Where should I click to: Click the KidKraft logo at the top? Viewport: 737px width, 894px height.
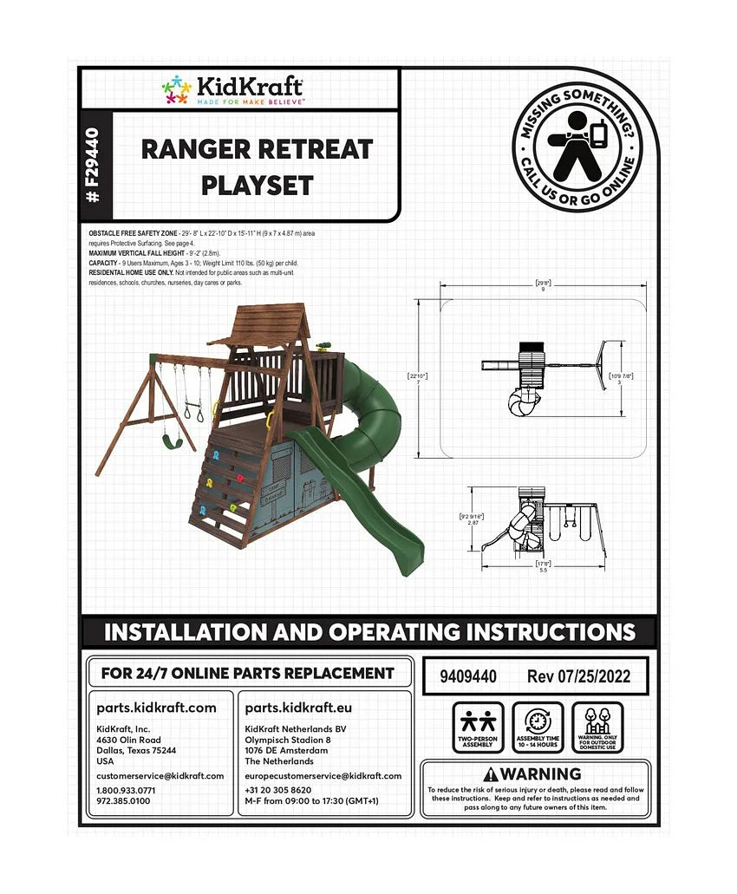(x=232, y=89)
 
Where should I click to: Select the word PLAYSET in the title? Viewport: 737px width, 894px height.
(x=258, y=185)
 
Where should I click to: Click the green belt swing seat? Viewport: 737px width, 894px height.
(x=173, y=441)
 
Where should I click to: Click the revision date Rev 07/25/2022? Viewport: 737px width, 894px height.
(x=578, y=676)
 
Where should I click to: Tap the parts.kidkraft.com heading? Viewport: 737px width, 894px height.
(x=156, y=708)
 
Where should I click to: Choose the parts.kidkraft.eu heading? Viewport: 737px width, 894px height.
(x=300, y=708)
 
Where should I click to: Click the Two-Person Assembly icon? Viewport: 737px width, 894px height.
(x=478, y=727)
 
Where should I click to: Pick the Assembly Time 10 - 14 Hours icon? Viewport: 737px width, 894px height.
(x=538, y=727)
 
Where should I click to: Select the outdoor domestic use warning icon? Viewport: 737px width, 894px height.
(x=597, y=727)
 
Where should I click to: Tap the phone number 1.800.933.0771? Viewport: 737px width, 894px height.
(x=127, y=790)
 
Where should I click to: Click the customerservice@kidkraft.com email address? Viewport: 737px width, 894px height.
(x=160, y=775)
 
